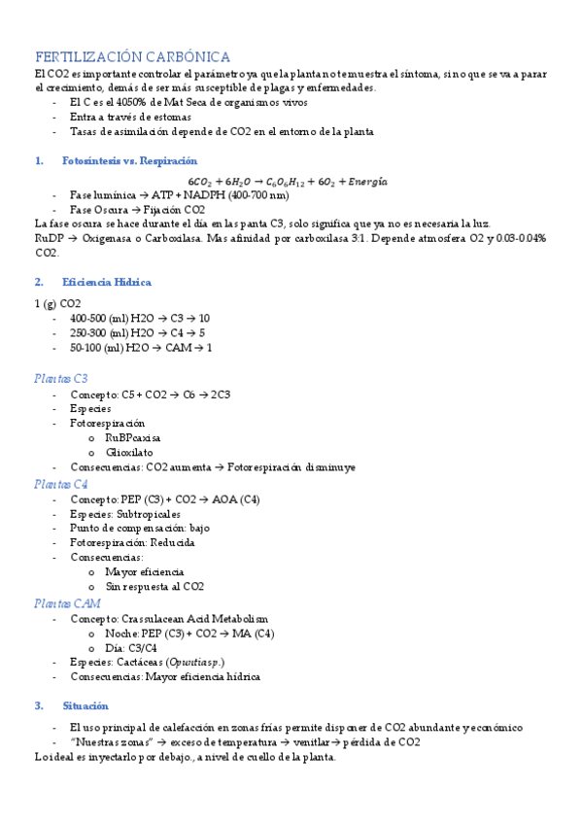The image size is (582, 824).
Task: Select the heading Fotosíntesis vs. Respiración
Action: [128, 160]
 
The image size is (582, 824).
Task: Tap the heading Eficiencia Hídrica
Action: [106, 282]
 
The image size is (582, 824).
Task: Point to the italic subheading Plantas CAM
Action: [66, 602]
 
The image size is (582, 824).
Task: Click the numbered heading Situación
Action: [85, 705]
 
